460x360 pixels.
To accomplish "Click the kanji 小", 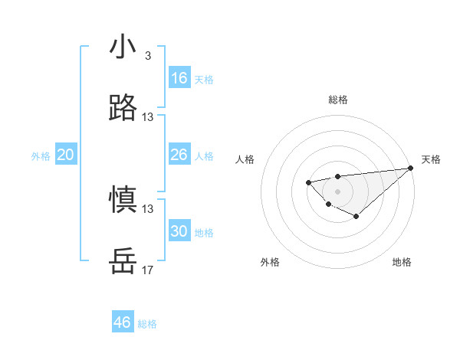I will pos(123,47).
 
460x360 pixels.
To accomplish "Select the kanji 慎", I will pos(123,200).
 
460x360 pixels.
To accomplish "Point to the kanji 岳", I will pos(123,261).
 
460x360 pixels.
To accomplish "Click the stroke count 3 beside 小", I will pos(147,56).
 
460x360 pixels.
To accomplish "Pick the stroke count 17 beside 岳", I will pos(148,270).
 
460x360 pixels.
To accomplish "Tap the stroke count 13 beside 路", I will pos(148,117).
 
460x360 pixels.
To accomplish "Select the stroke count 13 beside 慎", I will pos(148,209).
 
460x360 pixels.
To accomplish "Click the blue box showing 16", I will pos(179,78).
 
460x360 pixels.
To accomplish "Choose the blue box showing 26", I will pos(179,155).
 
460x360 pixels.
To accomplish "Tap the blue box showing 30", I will pos(179,231).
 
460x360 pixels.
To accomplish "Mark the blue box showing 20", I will pos(66,155).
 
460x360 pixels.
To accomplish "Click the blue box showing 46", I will pos(123,322).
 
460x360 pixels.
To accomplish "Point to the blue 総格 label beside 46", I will pos(147,324).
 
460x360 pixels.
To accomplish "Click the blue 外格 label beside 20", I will pos(41,156).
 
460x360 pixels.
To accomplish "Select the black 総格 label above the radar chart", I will pos(337,100).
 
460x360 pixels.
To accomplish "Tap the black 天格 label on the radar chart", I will pos(431,159).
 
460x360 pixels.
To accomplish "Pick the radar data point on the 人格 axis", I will pos(308,182).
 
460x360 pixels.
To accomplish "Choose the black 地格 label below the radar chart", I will pos(402,262).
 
